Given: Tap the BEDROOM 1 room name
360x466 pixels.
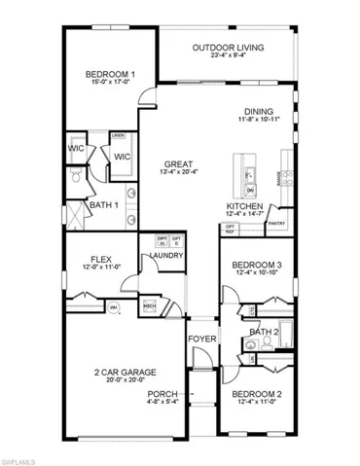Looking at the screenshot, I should [x=109, y=74].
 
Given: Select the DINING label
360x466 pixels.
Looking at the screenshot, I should [x=259, y=111].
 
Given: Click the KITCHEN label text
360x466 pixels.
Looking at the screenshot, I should [x=244, y=206].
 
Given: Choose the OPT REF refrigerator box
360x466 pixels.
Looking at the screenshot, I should [x=230, y=230].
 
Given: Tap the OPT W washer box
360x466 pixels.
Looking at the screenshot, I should [x=162, y=240].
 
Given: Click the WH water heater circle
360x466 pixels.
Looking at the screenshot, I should [x=113, y=308].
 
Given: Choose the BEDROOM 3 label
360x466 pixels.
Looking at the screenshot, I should [x=258, y=266].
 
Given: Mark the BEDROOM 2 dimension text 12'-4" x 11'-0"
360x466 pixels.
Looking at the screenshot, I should [x=258, y=403].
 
